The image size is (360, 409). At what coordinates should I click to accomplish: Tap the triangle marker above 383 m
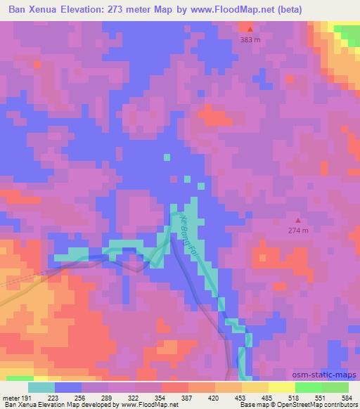pyautogui.click(x=250, y=29)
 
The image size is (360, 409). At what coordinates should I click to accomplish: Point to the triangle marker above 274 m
pyautogui.click(x=300, y=220)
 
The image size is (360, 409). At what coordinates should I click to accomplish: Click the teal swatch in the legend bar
pyautogui.click(x=41, y=387)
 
